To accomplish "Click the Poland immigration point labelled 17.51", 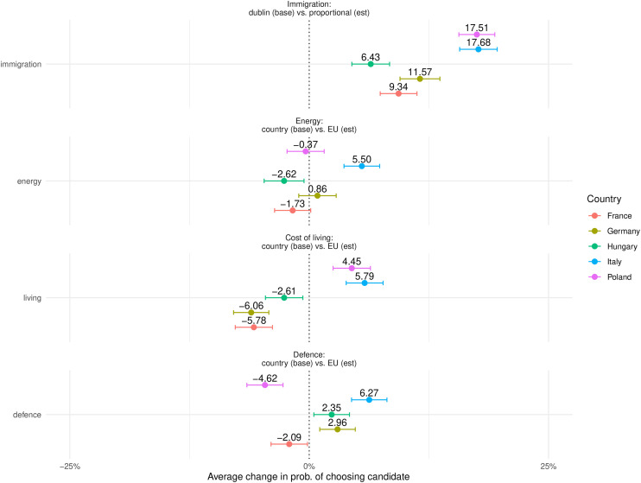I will click(477, 35).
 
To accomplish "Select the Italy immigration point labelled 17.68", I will click(479, 49).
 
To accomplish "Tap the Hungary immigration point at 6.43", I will click(371, 64).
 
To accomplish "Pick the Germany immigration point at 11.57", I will click(420, 79).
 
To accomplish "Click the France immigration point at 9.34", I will click(398, 92).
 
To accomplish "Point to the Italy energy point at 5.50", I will click(362, 166).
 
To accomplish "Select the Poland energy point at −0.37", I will click(306, 151).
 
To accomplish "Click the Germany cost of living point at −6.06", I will click(251, 312).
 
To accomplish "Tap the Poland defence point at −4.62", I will click(265, 385).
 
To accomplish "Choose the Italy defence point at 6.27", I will click(369, 400).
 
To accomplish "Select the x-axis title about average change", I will click(308, 476).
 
